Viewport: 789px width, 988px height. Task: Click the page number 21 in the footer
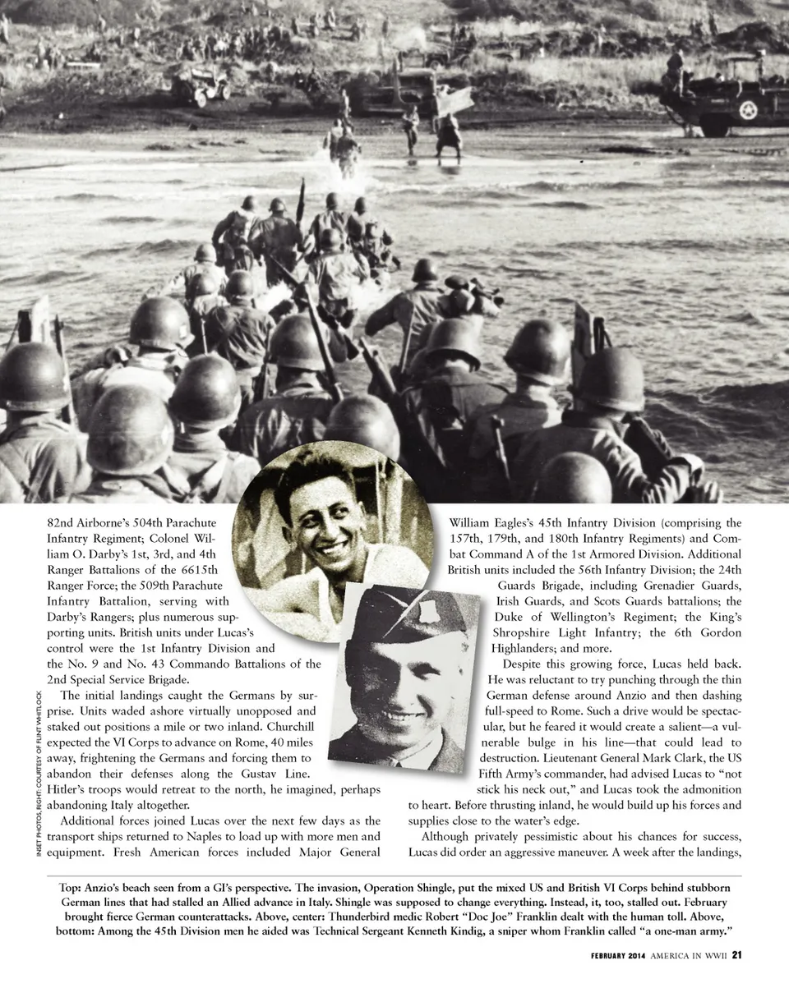737,954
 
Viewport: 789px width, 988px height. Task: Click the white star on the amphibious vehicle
748,111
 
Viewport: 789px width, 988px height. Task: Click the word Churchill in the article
291,727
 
